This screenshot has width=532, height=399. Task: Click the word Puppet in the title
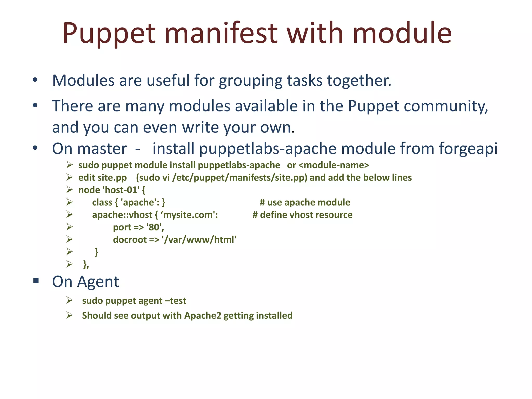point(109,34)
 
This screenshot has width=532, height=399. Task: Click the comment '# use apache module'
point(305,202)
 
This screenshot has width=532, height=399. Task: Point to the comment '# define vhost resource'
point(302,215)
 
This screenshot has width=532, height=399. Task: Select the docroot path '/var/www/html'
point(199,240)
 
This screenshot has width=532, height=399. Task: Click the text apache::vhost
point(122,215)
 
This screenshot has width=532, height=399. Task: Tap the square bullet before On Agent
point(36,281)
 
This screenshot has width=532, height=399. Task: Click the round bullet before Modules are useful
point(35,80)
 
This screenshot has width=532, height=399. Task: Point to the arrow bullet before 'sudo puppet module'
point(69,165)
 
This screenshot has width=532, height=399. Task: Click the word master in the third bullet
point(102,149)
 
